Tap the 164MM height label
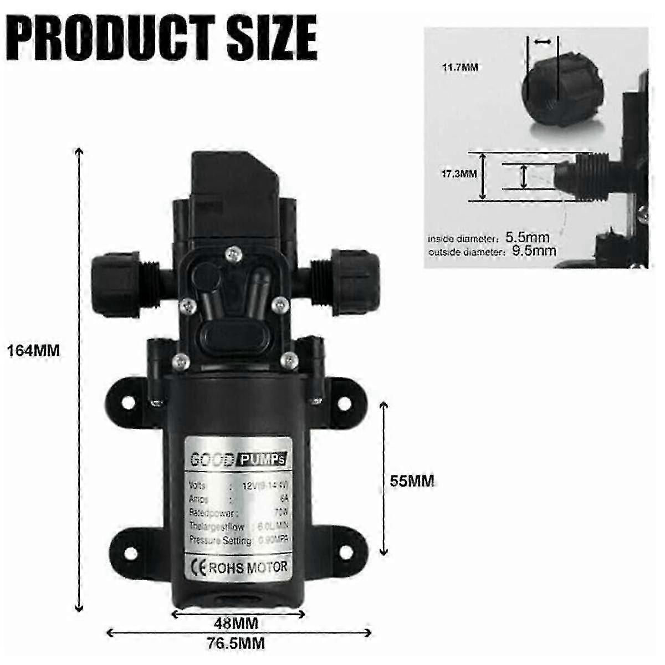[33, 350]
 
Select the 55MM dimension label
[412, 480]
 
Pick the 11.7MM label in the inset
[460, 68]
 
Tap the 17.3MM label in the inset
[459, 173]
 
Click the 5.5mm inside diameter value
[527, 238]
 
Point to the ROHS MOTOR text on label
[247, 567]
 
